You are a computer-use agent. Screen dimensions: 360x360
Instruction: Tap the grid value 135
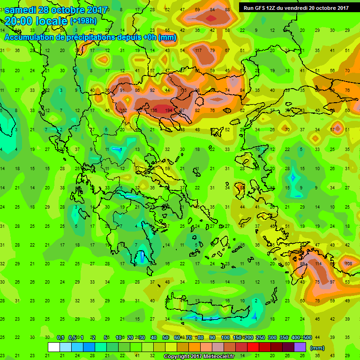[x=154, y=110]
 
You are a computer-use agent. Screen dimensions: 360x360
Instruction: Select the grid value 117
[x=198, y=51]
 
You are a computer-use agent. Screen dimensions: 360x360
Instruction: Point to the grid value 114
[x=319, y=264]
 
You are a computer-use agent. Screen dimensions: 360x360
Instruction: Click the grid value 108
[x=348, y=264]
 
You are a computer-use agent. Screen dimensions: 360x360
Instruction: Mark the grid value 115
[x=183, y=90]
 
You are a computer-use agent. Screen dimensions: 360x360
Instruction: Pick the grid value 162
[x=124, y=110]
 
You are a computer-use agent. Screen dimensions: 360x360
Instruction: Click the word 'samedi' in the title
[x=22, y=9]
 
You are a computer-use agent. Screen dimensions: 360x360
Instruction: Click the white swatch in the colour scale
[x=54, y=347]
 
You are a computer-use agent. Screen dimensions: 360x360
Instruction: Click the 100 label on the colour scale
[x=225, y=338]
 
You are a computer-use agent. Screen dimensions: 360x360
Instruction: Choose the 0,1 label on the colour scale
[x=60, y=338]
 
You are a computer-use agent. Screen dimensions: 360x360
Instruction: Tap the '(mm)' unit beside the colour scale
[x=317, y=348]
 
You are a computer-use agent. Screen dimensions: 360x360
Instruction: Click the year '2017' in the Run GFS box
[x=342, y=8]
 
